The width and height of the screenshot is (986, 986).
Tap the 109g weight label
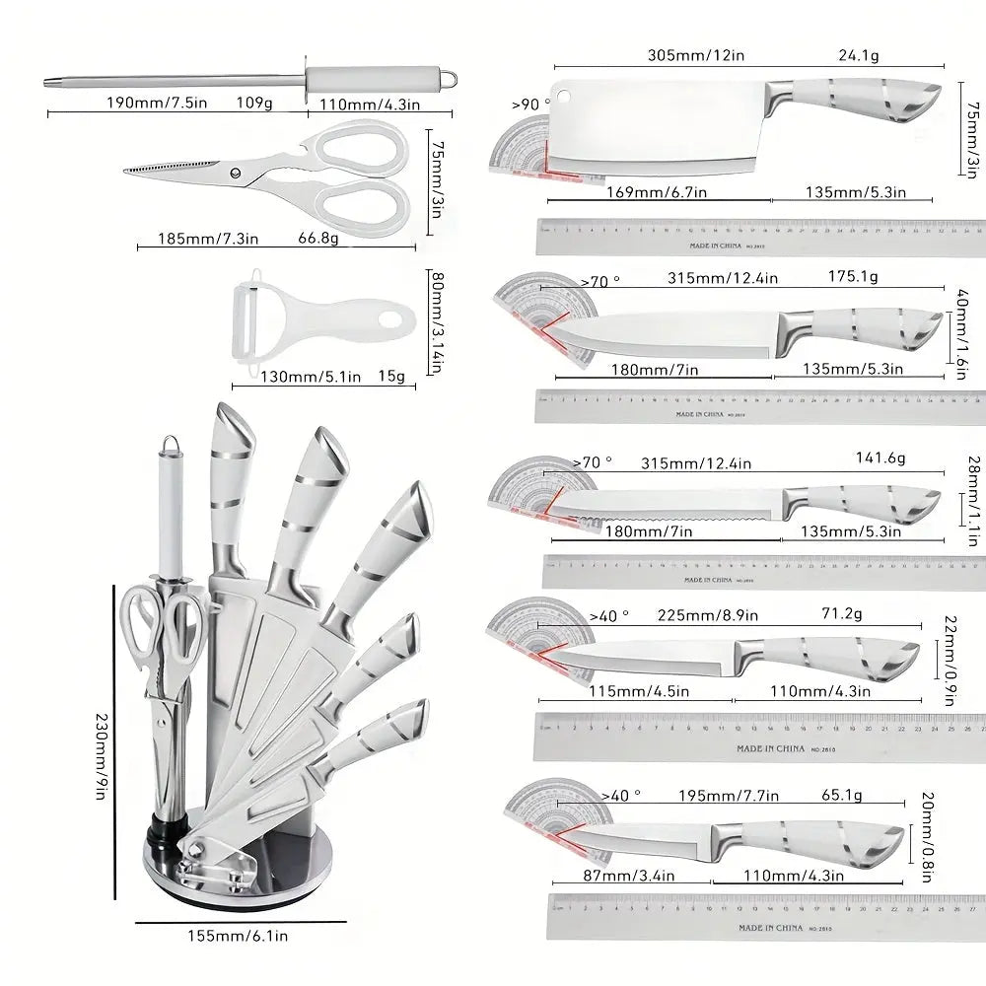tap(254, 102)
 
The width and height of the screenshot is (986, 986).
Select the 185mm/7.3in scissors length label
tap(208, 238)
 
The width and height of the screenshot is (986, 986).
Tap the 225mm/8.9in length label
tap(707, 616)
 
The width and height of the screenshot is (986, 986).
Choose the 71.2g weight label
tap(842, 614)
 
